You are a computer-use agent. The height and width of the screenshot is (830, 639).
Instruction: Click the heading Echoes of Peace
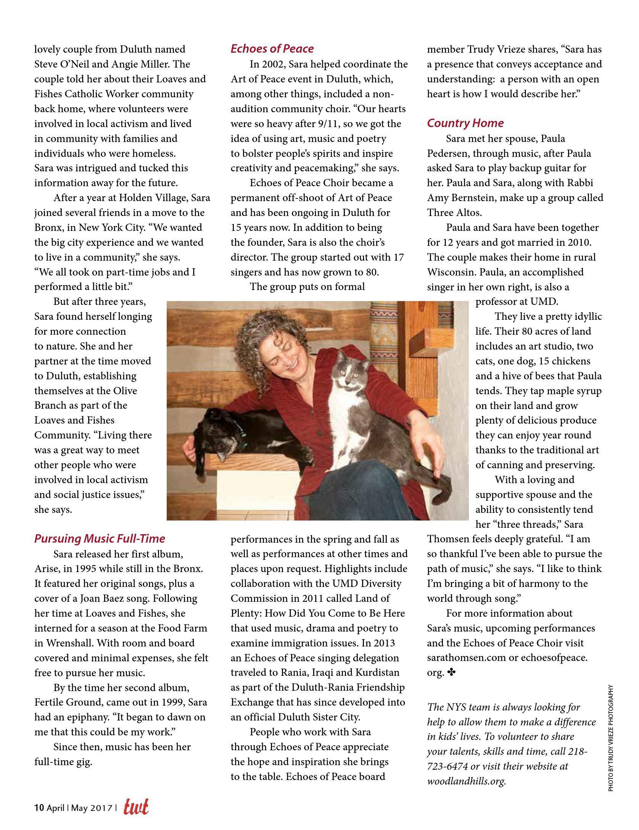[272, 49]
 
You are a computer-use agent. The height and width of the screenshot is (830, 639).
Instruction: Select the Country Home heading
[465, 123]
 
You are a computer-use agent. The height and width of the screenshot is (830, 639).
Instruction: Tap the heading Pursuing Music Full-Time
[100, 538]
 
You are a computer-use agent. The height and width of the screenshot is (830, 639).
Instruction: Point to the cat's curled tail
[443, 488]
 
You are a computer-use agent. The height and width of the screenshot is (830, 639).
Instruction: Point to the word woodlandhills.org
[466, 781]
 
